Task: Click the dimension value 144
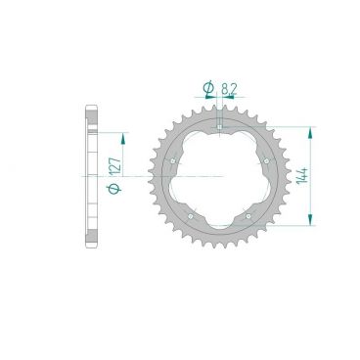pyautogui.click(x=324, y=177)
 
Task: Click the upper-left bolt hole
pyautogui.click(x=172, y=159)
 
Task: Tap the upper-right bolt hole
pyautogui.click(x=267, y=159)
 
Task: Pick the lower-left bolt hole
pyautogui.click(x=192, y=215)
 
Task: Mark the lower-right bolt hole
pyautogui.click(x=249, y=215)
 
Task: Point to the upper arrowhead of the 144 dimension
pyautogui.click(x=312, y=129)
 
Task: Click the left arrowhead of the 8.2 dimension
pyautogui.click(x=215, y=99)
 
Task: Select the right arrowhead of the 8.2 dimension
pyautogui.click(x=227, y=99)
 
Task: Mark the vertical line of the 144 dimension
pyautogui.click(x=312, y=176)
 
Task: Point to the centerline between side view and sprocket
pyautogui.click(x=147, y=176)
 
